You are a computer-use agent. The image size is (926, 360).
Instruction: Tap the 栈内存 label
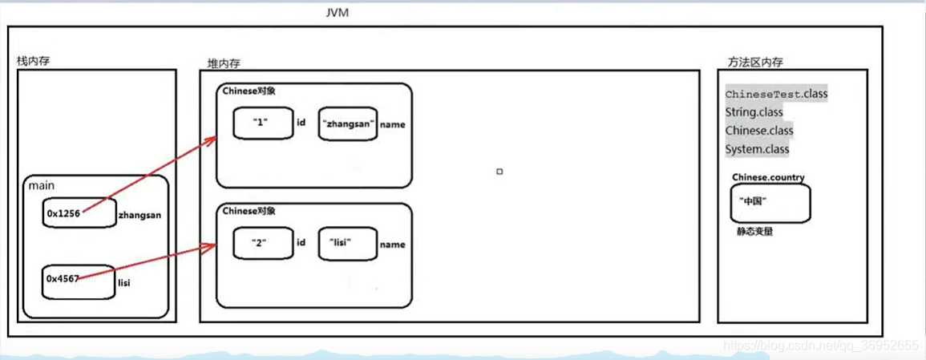tap(33, 61)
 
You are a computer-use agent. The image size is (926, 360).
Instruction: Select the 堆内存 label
tap(224, 63)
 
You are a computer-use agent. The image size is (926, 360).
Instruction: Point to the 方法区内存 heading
tap(755, 62)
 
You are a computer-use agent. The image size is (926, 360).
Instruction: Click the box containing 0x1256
tap(79, 213)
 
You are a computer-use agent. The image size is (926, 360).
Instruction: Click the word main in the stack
tap(41, 185)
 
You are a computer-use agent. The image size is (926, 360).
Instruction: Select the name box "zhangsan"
tap(347, 124)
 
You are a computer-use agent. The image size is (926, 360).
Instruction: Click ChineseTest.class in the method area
tap(776, 94)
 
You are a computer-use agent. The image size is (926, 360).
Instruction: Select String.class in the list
tap(754, 112)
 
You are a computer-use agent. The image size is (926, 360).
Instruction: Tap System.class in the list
tap(757, 149)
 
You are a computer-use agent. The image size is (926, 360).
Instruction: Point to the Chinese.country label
tap(768, 177)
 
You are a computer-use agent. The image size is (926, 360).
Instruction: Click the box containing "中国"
tap(770, 204)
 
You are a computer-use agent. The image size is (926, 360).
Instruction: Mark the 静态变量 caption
tap(755, 232)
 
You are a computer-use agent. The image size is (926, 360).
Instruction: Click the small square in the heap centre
tap(499, 172)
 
